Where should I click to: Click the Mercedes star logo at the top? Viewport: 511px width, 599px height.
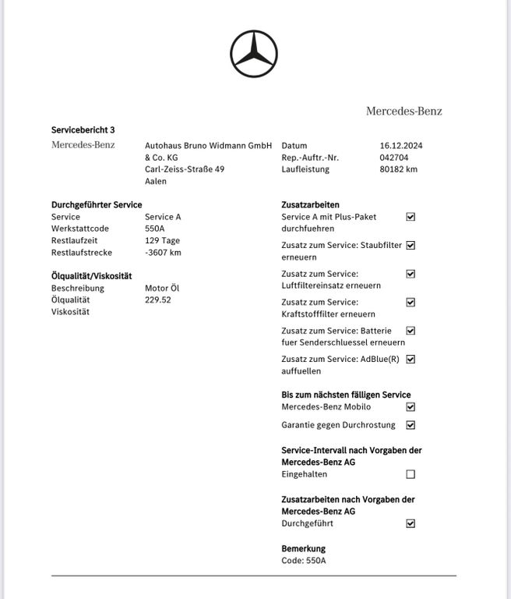click(254, 54)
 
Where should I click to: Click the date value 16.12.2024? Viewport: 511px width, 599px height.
click(401, 146)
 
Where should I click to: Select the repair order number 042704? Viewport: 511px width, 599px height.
click(393, 158)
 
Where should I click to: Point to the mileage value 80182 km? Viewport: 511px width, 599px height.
click(399, 169)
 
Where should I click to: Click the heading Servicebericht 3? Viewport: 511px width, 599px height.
click(83, 129)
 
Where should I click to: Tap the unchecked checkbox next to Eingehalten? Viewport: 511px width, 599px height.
click(411, 474)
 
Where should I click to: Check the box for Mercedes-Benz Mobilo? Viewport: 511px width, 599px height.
click(411, 407)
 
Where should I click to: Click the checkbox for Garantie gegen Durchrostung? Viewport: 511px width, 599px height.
click(411, 425)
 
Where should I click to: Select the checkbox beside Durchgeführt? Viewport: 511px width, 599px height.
click(411, 523)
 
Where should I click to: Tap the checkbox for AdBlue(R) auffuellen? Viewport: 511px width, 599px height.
click(411, 360)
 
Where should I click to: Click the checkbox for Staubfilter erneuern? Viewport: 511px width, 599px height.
click(411, 245)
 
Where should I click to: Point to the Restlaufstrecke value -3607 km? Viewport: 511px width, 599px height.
click(163, 253)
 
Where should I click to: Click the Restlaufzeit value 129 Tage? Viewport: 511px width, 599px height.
click(162, 240)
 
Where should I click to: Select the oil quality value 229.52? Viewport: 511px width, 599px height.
click(158, 299)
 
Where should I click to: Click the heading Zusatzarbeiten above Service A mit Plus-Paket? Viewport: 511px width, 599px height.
click(310, 204)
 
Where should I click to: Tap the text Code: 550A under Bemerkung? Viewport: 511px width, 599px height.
click(304, 561)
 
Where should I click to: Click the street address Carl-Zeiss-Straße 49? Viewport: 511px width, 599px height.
click(185, 169)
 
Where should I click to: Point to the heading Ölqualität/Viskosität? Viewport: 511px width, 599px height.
click(91, 275)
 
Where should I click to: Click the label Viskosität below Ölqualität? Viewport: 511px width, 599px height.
click(70, 312)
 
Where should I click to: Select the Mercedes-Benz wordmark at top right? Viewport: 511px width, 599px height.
click(404, 111)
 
